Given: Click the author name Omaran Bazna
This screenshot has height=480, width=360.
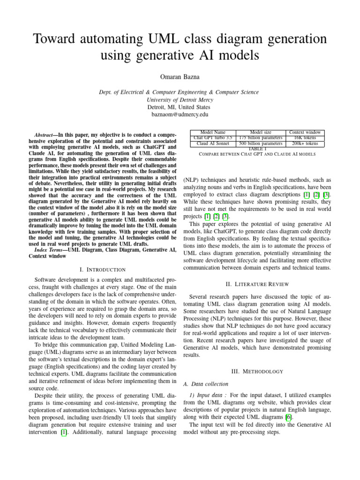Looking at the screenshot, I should click(180, 77).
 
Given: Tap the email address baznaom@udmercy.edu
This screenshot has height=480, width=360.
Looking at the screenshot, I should click(180, 114).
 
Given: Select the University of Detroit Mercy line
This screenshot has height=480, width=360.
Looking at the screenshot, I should click(180, 100).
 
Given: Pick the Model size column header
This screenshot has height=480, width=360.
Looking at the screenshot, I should click(261, 133).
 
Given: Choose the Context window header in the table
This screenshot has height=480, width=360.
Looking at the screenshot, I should click(305, 133).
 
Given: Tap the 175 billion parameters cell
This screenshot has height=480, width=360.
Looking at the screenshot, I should click(261, 138).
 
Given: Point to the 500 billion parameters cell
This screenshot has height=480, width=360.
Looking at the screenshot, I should click(261, 143).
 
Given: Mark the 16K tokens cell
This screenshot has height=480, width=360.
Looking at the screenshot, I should click(305, 138).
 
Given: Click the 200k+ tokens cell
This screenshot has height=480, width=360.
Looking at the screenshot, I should click(305, 143).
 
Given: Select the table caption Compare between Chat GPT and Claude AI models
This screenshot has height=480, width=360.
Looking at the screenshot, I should click(257, 154).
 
